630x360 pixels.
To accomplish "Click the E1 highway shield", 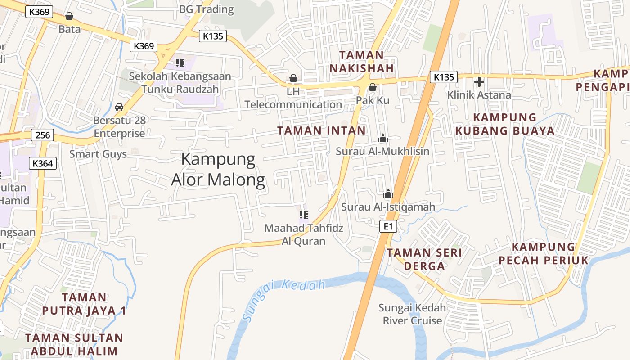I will click(x=388, y=226).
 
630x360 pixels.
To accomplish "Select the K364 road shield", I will click(x=43, y=163).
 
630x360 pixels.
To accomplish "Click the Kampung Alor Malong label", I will click(x=218, y=170).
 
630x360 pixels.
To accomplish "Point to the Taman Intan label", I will click(x=322, y=131).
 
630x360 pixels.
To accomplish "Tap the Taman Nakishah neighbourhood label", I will click(x=362, y=62).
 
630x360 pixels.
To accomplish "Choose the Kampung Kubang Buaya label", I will click(x=505, y=124).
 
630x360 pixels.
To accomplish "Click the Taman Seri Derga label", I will click(x=424, y=259).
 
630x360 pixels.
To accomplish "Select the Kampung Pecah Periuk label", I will click(x=544, y=253).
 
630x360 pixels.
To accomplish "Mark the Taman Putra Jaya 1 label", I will click(x=84, y=304).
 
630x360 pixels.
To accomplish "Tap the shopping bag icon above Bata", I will click(x=69, y=17).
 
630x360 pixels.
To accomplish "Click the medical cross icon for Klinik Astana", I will click(x=479, y=82).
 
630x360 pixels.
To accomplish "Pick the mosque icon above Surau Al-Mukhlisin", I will click(x=383, y=138).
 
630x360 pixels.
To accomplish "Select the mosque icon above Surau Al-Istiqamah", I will click(x=388, y=194).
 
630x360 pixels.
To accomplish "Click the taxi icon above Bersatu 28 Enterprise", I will click(x=119, y=107).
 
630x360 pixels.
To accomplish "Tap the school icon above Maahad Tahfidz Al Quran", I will click(x=304, y=215).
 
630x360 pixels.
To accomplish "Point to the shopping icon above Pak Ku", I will click(x=373, y=87).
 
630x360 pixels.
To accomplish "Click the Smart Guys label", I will click(x=98, y=154).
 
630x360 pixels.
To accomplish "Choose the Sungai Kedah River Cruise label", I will click(x=412, y=314).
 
